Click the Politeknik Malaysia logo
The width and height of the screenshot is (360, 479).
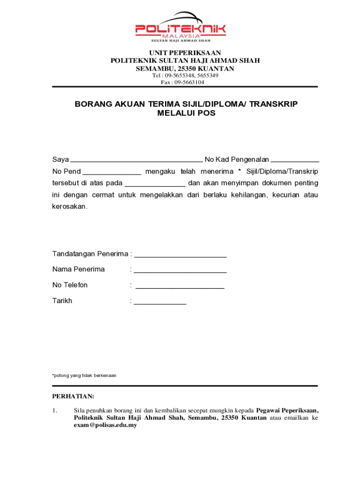coord(180,27)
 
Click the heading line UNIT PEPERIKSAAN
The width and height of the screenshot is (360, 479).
coord(185,53)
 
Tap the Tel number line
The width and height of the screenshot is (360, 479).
coord(185,75)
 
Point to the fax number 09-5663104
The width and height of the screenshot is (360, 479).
coord(189,82)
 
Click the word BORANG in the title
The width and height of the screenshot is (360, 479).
coord(92,104)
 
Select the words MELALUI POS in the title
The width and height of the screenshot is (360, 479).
coord(186,113)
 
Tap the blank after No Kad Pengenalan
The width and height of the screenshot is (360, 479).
coord(295,160)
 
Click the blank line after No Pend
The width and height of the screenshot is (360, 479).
coord(112,172)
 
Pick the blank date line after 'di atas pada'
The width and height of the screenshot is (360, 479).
coord(155,184)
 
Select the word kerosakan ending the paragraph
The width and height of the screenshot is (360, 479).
coord(69,206)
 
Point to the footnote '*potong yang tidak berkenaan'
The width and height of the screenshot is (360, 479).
coord(84,376)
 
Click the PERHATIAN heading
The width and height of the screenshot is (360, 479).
coord(73,397)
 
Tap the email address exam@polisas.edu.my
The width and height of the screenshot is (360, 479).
coord(105,426)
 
